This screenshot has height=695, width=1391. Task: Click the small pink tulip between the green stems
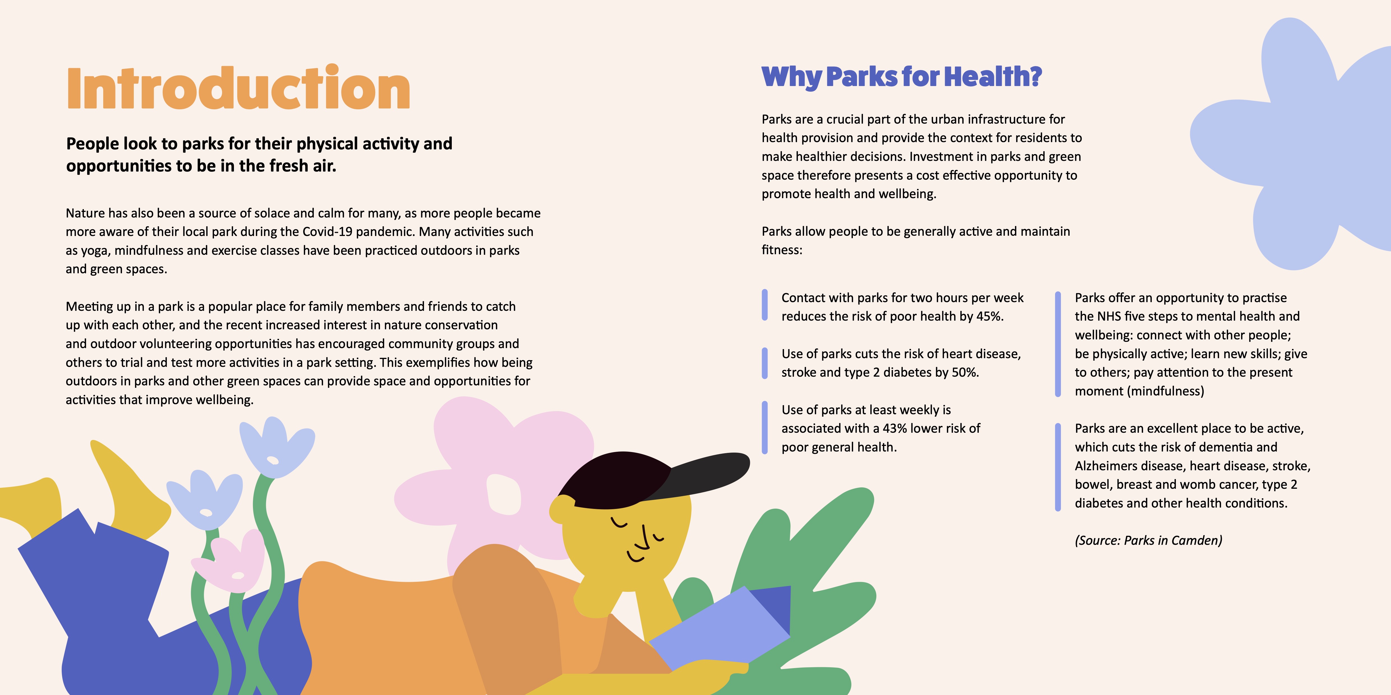coord(229,561)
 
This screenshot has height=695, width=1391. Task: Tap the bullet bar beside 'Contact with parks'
coord(764,305)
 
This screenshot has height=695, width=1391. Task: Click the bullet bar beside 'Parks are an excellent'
coord(1058,467)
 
